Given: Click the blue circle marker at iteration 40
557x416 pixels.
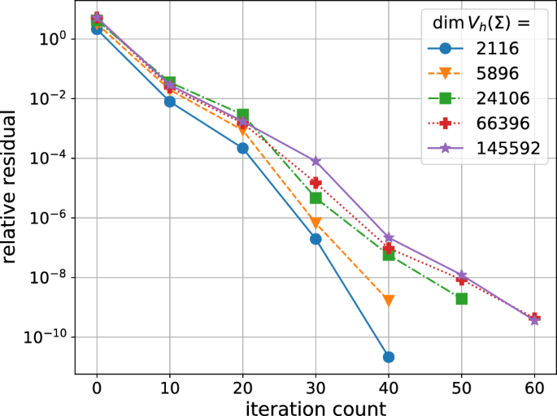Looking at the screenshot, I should point(389,357).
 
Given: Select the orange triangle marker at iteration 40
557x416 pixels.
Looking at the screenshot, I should point(389,301).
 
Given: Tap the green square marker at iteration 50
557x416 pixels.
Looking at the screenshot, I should point(462,299).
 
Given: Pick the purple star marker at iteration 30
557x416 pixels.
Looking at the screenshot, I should point(315,161).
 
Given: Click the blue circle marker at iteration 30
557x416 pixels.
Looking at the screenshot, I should point(315,239).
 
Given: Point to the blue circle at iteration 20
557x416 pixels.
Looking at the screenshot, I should point(242,148).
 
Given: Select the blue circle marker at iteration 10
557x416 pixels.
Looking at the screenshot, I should point(169,102).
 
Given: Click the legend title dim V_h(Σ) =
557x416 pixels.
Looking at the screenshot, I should point(480,24).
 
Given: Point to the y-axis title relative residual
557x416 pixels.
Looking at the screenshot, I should point(11,189).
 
